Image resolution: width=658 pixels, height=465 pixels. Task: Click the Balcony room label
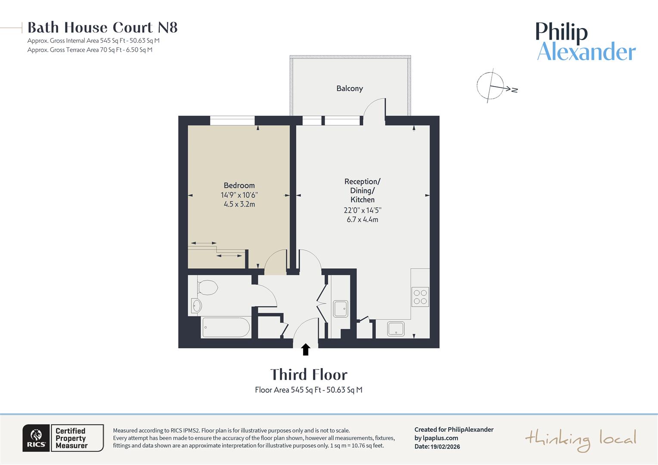[x=349, y=89]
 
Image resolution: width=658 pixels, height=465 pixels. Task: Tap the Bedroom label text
[x=239, y=186]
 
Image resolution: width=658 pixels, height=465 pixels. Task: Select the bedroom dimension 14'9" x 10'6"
[x=239, y=195]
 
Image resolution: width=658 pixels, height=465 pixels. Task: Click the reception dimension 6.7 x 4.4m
[x=362, y=220]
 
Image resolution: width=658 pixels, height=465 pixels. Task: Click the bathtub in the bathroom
[x=226, y=328]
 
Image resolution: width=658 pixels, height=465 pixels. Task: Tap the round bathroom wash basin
[x=197, y=306]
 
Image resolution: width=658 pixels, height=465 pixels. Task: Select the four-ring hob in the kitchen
[x=420, y=297]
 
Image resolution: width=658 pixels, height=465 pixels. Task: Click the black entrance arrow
[x=306, y=349]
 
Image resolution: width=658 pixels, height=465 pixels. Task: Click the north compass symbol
[x=491, y=86]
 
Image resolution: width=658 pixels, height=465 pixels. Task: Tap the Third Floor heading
[x=308, y=375]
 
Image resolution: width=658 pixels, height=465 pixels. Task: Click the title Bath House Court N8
[x=102, y=28]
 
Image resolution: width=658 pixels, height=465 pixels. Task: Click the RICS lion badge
[x=36, y=438]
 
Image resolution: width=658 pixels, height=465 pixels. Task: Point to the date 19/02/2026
[x=445, y=446]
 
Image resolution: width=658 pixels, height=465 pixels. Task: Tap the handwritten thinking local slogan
[x=580, y=439]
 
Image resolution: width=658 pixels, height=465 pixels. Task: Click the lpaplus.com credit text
[x=436, y=438]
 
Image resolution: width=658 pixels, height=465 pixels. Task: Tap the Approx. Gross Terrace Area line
[x=90, y=50]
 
